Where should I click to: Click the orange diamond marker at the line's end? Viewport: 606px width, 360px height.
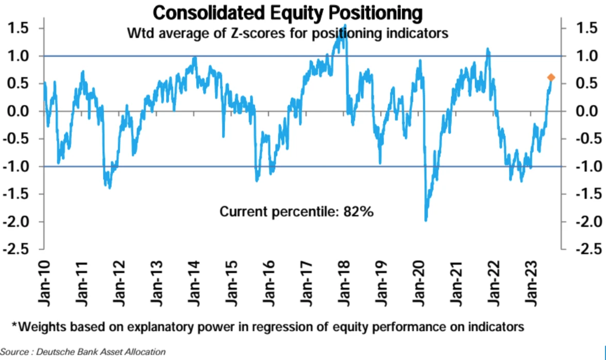(x=551, y=77)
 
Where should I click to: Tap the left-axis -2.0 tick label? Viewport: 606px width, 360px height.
(x=18, y=222)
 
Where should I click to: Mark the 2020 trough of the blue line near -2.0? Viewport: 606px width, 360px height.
(x=426, y=220)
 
